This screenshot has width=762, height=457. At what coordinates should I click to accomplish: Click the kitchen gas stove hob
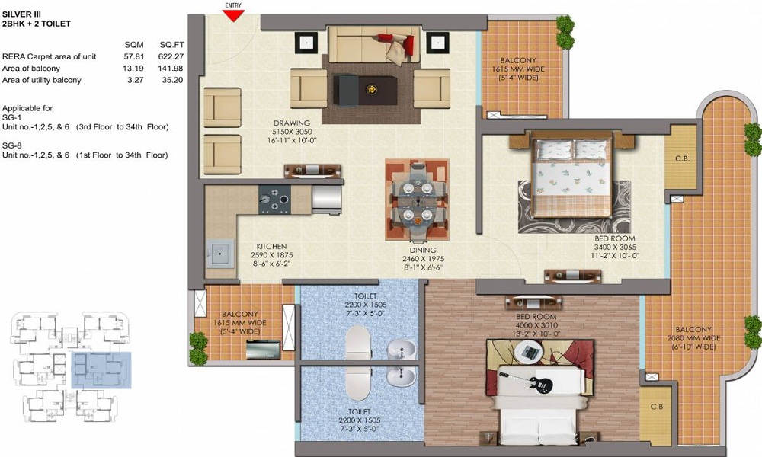273,200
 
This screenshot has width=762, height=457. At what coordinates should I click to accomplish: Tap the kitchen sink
221,252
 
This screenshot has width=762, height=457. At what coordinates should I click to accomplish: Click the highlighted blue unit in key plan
101,370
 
